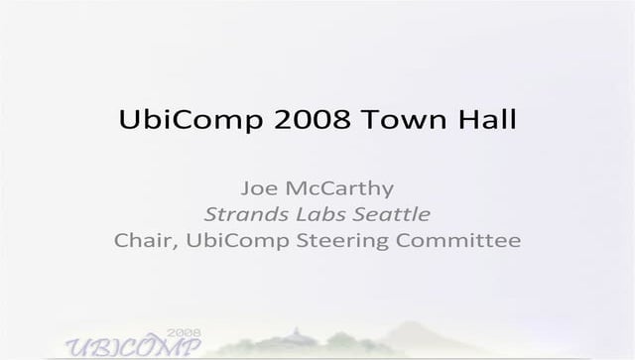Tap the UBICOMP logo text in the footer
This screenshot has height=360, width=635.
click(x=132, y=345)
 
